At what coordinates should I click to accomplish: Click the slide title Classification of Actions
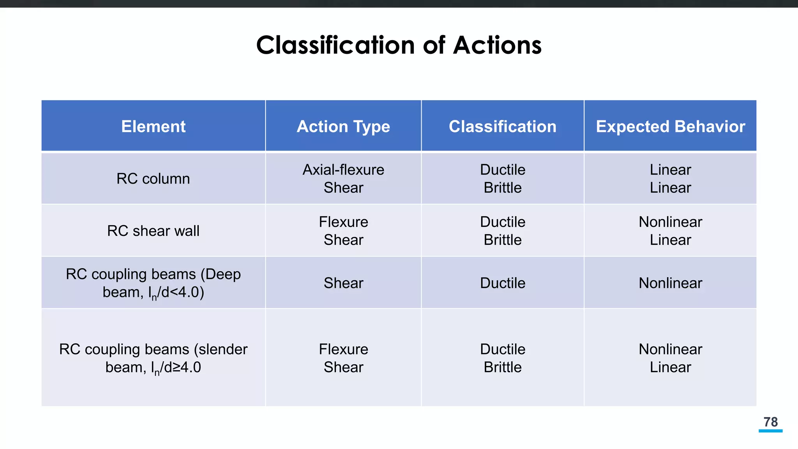[399, 45]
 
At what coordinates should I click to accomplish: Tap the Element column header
[154, 127]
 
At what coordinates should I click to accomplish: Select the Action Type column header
[343, 127]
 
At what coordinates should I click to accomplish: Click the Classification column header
[503, 127]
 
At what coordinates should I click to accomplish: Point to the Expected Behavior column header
[670, 127]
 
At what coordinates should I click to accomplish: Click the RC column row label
[153, 179]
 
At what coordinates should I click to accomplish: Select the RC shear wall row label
[153, 231]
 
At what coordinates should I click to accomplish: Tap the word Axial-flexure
[343, 170]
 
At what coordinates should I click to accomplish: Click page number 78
[770, 422]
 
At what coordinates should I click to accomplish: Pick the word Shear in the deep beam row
[343, 283]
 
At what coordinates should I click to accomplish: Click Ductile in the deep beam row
[503, 283]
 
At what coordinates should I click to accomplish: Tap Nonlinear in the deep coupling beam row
[670, 283]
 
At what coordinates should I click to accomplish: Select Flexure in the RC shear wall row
[343, 222]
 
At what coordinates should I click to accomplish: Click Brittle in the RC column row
[503, 188]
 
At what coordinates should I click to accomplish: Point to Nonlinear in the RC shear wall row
[670, 222]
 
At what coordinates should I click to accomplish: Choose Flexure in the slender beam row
[343, 349]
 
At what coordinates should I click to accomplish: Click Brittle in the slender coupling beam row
[503, 367]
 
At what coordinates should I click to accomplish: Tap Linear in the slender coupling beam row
[670, 367]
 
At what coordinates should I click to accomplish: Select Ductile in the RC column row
[503, 170]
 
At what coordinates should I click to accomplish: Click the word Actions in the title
[497, 45]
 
